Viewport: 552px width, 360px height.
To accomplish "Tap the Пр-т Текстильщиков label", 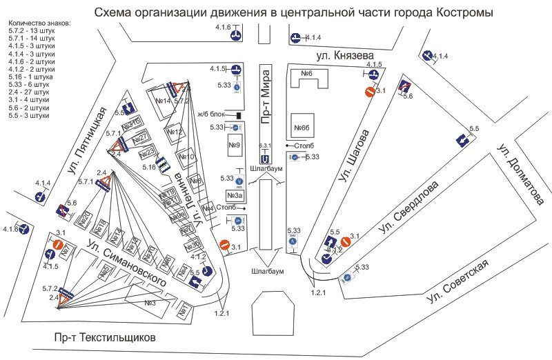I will [106, 338].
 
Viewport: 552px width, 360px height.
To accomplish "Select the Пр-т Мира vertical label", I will [266, 97].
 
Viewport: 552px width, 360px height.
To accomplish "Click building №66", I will [303, 128].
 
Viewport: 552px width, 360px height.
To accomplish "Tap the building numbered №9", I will [234, 146].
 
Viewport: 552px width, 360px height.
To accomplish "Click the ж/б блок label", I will [210, 114].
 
